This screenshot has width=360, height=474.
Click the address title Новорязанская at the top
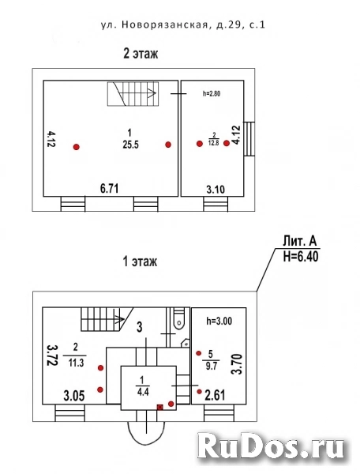(x=165, y=24)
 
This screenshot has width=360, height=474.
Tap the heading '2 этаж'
(x=141, y=54)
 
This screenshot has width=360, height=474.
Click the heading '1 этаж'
(x=141, y=261)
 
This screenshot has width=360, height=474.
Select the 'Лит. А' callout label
(x=299, y=242)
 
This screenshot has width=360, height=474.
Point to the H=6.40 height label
(x=301, y=257)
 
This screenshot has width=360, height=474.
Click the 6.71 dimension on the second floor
(x=109, y=189)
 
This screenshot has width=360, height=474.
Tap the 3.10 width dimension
(x=216, y=190)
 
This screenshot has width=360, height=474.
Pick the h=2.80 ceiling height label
(x=212, y=94)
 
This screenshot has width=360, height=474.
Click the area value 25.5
(x=130, y=145)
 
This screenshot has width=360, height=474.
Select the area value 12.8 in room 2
(x=213, y=143)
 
